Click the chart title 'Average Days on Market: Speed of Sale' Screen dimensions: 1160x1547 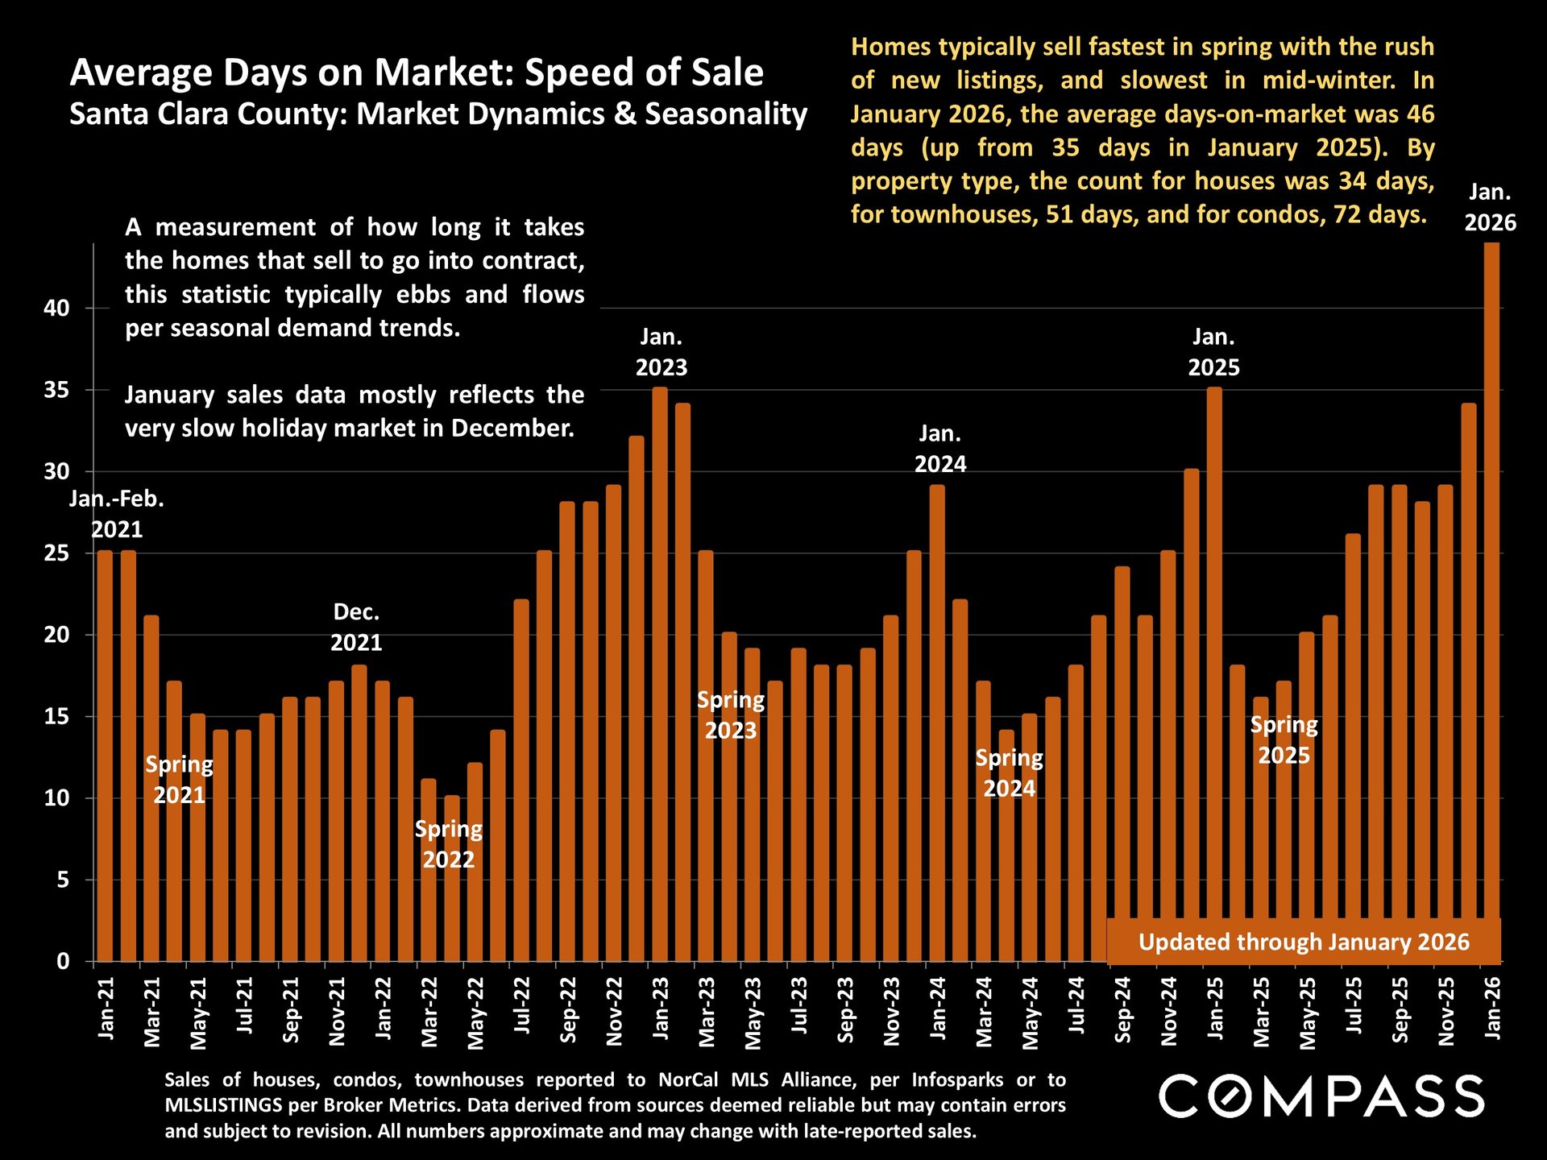click(417, 72)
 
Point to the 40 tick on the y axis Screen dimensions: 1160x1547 click(57, 309)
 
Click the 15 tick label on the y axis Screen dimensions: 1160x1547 click(57, 717)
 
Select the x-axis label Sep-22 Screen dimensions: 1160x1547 click(568, 1010)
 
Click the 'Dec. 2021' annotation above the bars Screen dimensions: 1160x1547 click(356, 628)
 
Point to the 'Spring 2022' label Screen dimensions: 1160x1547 click(449, 844)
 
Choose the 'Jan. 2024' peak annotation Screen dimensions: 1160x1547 click(939, 449)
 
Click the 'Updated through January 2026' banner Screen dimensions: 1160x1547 click(1304, 942)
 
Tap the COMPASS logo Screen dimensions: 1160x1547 click(1321, 1096)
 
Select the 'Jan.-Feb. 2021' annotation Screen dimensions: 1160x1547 click(117, 514)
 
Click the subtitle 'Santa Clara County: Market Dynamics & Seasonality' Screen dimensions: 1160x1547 click(438, 114)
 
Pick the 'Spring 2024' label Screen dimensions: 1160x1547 click(1009, 773)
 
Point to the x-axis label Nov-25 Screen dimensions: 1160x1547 click(1446, 1012)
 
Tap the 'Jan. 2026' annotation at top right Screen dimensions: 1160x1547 click(1490, 208)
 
